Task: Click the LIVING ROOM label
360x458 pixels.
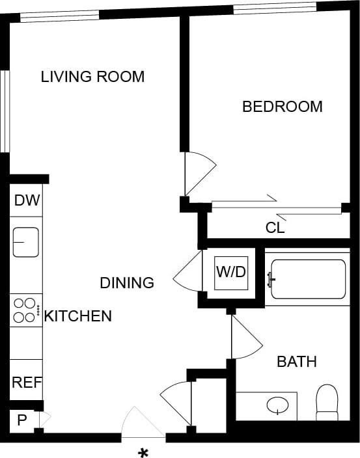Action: tap(92, 77)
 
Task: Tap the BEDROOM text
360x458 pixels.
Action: tap(282, 107)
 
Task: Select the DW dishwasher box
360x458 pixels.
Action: tap(26, 200)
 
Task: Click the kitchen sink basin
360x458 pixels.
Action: tap(25, 243)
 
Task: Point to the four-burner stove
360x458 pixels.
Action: tap(25, 310)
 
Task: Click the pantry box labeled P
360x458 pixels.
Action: tap(22, 420)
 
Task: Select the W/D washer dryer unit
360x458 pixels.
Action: tap(231, 270)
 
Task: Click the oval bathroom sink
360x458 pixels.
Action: tap(279, 405)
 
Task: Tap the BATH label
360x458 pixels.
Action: tap(297, 362)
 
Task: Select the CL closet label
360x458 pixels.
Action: tap(275, 228)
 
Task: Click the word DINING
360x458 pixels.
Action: tap(127, 283)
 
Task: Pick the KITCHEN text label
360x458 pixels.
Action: tap(77, 317)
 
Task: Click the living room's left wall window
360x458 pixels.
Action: tap(5, 111)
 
